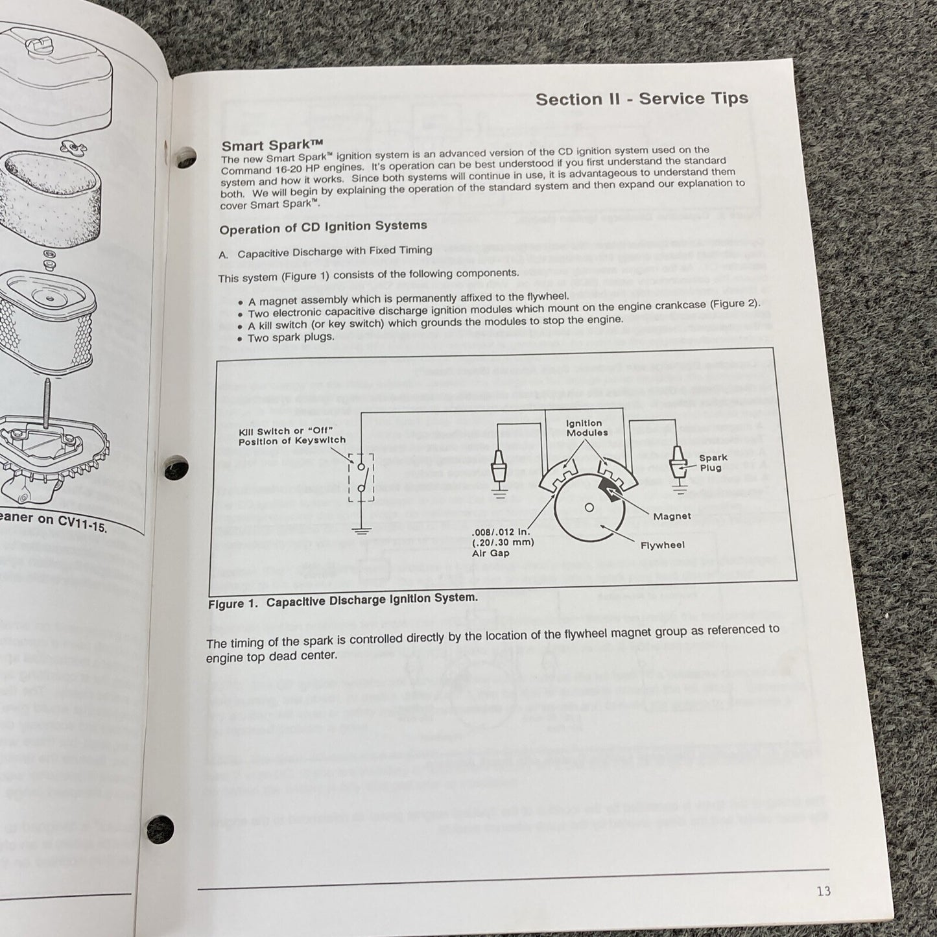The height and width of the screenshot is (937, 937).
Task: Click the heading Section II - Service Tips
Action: [x=641, y=99]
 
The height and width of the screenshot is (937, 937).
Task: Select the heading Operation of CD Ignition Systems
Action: [x=323, y=228]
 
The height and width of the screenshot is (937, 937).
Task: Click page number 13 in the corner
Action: [x=823, y=891]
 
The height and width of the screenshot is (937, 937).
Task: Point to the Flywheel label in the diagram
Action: [x=662, y=545]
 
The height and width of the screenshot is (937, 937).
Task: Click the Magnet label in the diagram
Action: [x=672, y=516]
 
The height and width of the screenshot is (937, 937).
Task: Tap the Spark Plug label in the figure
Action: [x=713, y=462]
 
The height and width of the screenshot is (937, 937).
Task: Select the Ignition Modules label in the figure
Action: [x=587, y=428]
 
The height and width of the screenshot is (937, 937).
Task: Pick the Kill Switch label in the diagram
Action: [x=292, y=436]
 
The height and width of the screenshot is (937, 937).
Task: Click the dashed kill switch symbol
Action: [x=361, y=476]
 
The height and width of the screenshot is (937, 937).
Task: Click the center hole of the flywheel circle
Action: [x=589, y=507]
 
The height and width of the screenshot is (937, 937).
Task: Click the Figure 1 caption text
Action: [x=342, y=600]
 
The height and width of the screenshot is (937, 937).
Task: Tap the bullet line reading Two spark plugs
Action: [x=291, y=337]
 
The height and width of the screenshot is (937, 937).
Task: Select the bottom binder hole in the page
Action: [x=160, y=828]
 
